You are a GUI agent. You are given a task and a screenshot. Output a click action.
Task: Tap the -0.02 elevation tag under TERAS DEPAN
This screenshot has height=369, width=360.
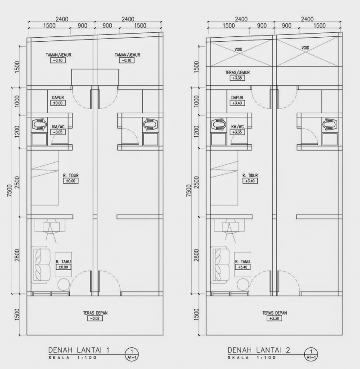95,319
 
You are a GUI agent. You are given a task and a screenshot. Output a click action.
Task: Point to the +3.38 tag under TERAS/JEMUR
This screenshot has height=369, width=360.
237,78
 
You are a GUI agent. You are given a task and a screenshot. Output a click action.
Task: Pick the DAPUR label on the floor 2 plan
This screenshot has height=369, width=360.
237,97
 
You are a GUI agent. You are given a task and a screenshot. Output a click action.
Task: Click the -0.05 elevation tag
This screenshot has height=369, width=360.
57,133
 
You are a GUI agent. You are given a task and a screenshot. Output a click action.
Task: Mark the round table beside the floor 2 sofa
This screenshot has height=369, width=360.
242,284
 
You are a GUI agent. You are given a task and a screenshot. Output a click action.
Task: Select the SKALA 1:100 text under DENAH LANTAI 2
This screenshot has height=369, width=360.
252,358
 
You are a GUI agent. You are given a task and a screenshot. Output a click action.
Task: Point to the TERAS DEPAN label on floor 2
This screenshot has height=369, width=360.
274,313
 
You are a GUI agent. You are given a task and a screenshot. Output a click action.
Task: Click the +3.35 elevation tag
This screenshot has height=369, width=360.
237,133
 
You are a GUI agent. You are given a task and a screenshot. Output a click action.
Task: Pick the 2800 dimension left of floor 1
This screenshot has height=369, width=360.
17,255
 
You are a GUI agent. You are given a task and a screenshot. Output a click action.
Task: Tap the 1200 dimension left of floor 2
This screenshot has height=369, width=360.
197,131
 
